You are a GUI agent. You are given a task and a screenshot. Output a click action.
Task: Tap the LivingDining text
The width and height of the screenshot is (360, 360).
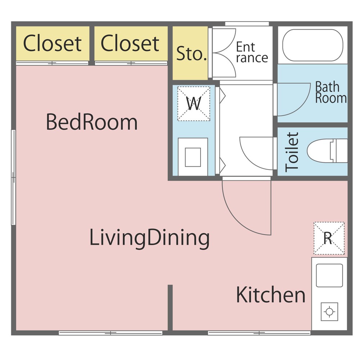(149, 238)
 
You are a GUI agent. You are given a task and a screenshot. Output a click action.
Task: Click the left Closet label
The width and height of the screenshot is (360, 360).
(52, 44)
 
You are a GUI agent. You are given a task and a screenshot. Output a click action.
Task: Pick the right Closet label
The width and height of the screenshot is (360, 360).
(130, 44)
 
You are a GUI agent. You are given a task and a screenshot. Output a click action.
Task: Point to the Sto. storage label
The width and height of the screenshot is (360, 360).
(192, 54)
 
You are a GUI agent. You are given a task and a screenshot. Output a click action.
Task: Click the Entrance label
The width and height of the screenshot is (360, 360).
(252, 52)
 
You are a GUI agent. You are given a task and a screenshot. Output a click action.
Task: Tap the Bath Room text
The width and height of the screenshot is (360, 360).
(331, 92)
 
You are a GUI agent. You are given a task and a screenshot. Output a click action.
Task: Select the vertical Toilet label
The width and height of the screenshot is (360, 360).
(292, 152)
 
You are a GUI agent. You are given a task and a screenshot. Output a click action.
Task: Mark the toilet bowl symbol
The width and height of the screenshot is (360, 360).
(327, 151)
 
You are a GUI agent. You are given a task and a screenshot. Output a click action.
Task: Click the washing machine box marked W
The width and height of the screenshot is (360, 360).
(194, 104)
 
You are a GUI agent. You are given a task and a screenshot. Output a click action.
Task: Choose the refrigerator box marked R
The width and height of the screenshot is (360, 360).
(329, 238)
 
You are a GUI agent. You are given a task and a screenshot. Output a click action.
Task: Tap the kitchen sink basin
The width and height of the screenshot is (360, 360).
(329, 275)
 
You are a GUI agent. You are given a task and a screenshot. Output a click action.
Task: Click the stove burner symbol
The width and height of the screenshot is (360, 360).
(329, 312)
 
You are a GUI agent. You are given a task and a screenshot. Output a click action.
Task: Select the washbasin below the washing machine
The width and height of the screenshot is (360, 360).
(193, 157)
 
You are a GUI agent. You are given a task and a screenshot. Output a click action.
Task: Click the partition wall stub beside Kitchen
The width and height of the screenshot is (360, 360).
(170, 308)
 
